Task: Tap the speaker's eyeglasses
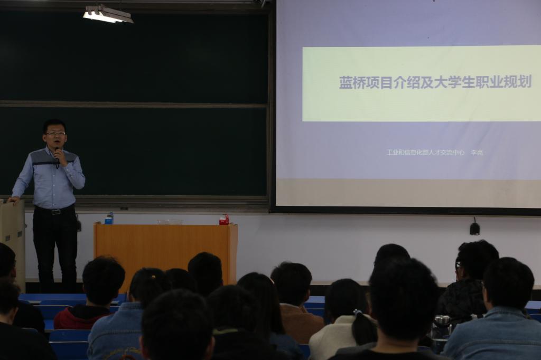tap(55, 133)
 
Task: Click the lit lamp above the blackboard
tap(108, 14)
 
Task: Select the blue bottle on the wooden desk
tap(109, 219)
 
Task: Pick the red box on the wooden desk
tap(224, 219)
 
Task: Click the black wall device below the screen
tap(475, 228)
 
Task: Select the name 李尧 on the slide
tap(477, 153)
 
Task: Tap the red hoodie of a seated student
tap(81, 317)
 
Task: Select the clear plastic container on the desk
tap(170, 222)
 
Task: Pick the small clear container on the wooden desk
tap(170, 222)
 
